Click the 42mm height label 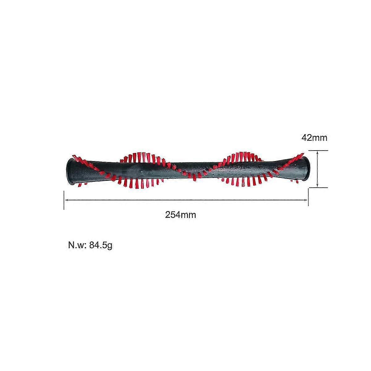click(x=314, y=138)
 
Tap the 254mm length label click(x=181, y=215)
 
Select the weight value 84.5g click(x=101, y=246)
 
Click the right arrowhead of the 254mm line click(x=306, y=200)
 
